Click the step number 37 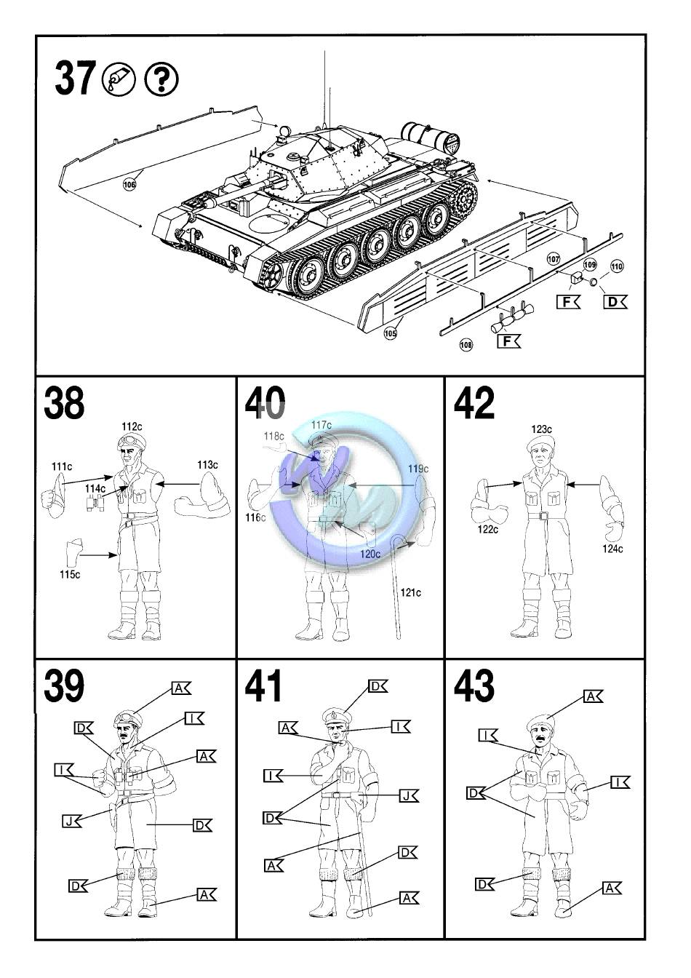[74, 79]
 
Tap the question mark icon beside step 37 [161, 79]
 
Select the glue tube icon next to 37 [119, 79]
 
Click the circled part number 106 [129, 185]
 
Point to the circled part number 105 [391, 334]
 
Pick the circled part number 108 [466, 344]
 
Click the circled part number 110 [617, 266]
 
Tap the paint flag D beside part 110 [615, 301]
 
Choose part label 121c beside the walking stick [410, 592]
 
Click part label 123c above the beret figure [541, 429]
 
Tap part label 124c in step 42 [612, 549]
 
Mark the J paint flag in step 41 [409, 796]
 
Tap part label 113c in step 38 [207, 464]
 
